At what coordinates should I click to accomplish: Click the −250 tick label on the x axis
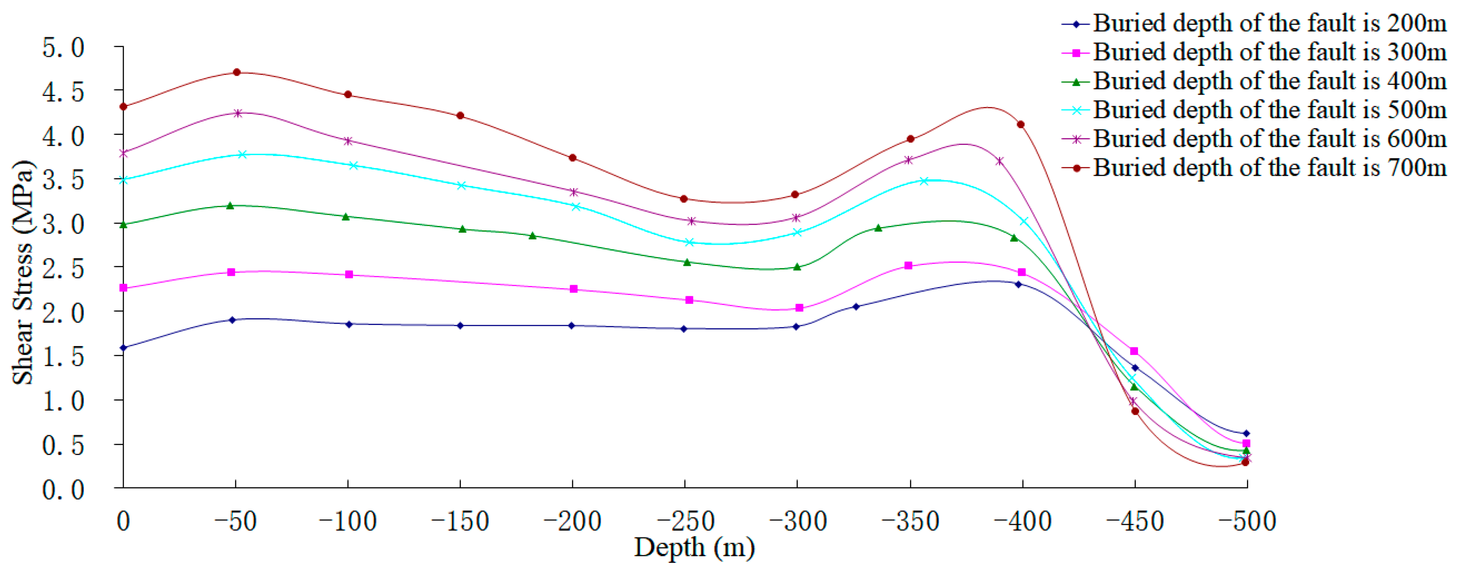coord(686,521)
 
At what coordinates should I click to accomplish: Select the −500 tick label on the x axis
coord(1247,521)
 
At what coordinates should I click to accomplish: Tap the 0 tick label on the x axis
coord(123,521)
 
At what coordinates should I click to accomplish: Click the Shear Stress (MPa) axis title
coord(23,273)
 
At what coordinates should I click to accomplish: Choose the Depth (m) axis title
coord(695,548)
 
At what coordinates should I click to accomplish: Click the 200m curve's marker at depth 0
coord(123,347)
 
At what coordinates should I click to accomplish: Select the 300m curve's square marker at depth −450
coord(1134,351)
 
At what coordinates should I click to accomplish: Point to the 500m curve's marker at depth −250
coord(689,243)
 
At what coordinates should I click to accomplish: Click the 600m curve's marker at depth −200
coord(574,192)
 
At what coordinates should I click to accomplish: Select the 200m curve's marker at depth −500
coord(1247,433)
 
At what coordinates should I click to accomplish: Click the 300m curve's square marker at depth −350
coord(908,265)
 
